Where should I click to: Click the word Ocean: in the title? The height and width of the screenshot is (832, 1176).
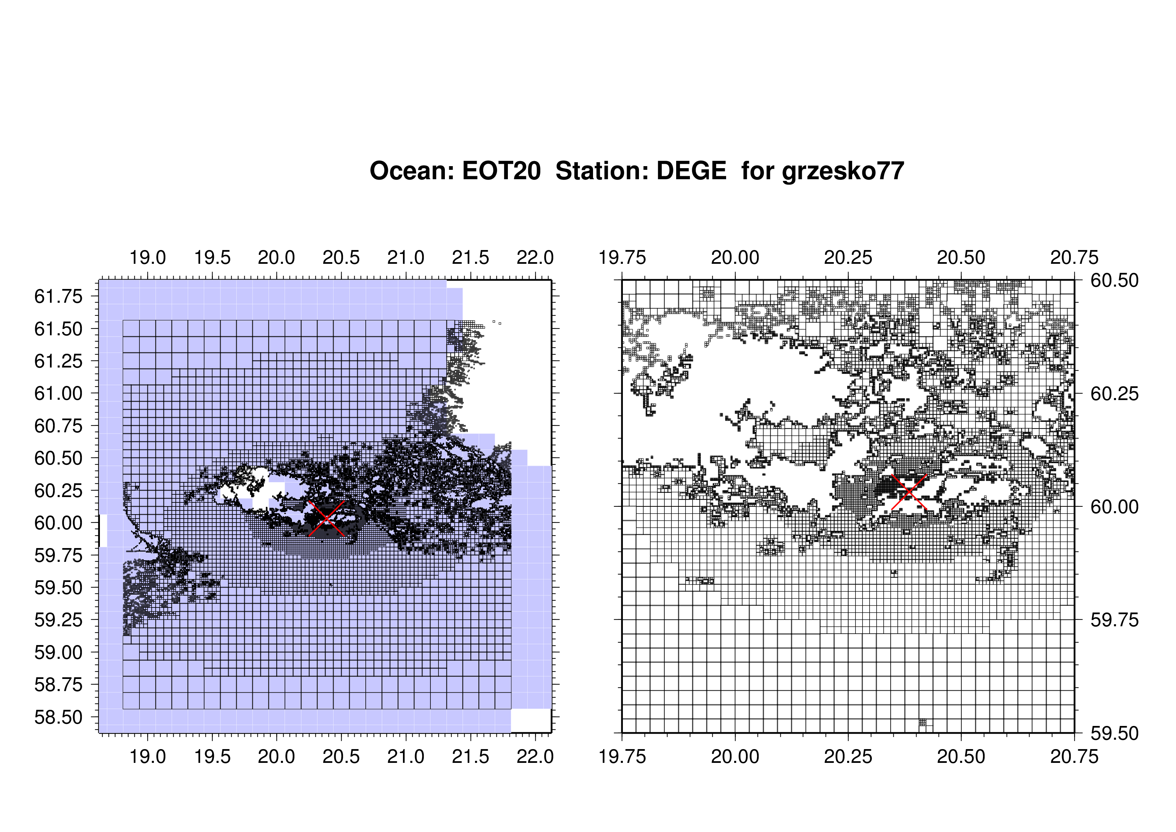[x=412, y=171]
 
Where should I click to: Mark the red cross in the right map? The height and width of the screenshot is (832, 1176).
[x=909, y=492]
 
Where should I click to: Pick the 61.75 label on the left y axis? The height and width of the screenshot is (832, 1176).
[x=58, y=296]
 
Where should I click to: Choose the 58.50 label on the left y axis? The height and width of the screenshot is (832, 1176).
[x=58, y=717]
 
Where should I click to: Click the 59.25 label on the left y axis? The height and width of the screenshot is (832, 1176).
[x=58, y=620]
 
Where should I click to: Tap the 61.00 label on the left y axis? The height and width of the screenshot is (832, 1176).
[x=58, y=394]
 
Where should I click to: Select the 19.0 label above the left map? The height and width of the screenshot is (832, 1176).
[x=148, y=257]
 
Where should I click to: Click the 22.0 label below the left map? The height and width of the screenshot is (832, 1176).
[x=535, y=756]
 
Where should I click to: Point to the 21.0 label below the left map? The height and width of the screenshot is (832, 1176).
[x=406, y=756]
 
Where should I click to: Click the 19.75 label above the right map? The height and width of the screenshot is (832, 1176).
[x=622, y=257]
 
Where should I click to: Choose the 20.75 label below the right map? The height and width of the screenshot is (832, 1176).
[x=1074, y=756]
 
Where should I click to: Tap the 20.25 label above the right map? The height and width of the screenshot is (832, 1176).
[x=848, y=257]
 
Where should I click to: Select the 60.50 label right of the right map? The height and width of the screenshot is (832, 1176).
[x=1115, y=280]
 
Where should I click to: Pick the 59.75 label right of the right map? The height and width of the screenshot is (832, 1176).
[x=1115, y=620]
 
